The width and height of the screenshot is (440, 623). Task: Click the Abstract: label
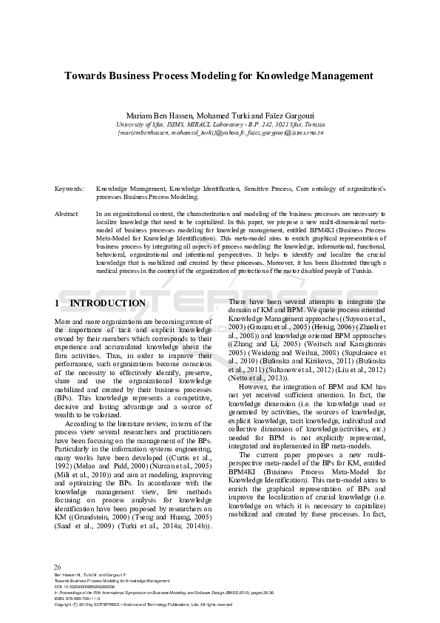tap(68, 213)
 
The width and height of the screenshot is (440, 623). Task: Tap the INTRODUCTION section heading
tap(107, 303)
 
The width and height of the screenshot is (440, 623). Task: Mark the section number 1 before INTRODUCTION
tap(58, 303)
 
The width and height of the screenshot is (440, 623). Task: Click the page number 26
tap(58, 567)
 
